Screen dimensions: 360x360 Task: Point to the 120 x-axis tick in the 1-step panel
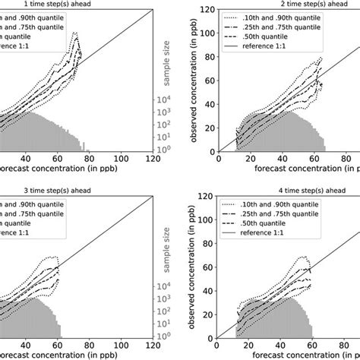pos(153,159)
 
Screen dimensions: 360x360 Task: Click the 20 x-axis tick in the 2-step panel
pos(245,159)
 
